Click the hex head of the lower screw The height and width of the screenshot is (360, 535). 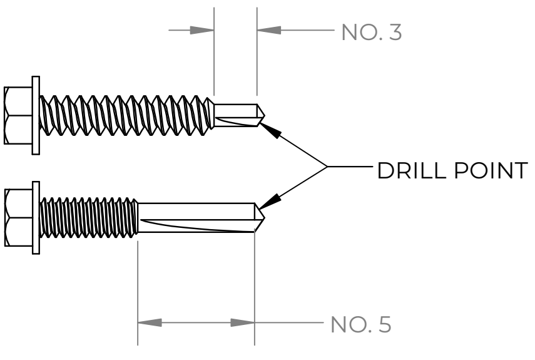[16, 219]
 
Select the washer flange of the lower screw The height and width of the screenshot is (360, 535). [35, 219]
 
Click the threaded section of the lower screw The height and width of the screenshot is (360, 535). [88, 219]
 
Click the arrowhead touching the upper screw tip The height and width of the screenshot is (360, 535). [268, 129]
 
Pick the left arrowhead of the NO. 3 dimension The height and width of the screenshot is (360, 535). [201, 30]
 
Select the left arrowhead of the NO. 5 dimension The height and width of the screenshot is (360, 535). [150, 324]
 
